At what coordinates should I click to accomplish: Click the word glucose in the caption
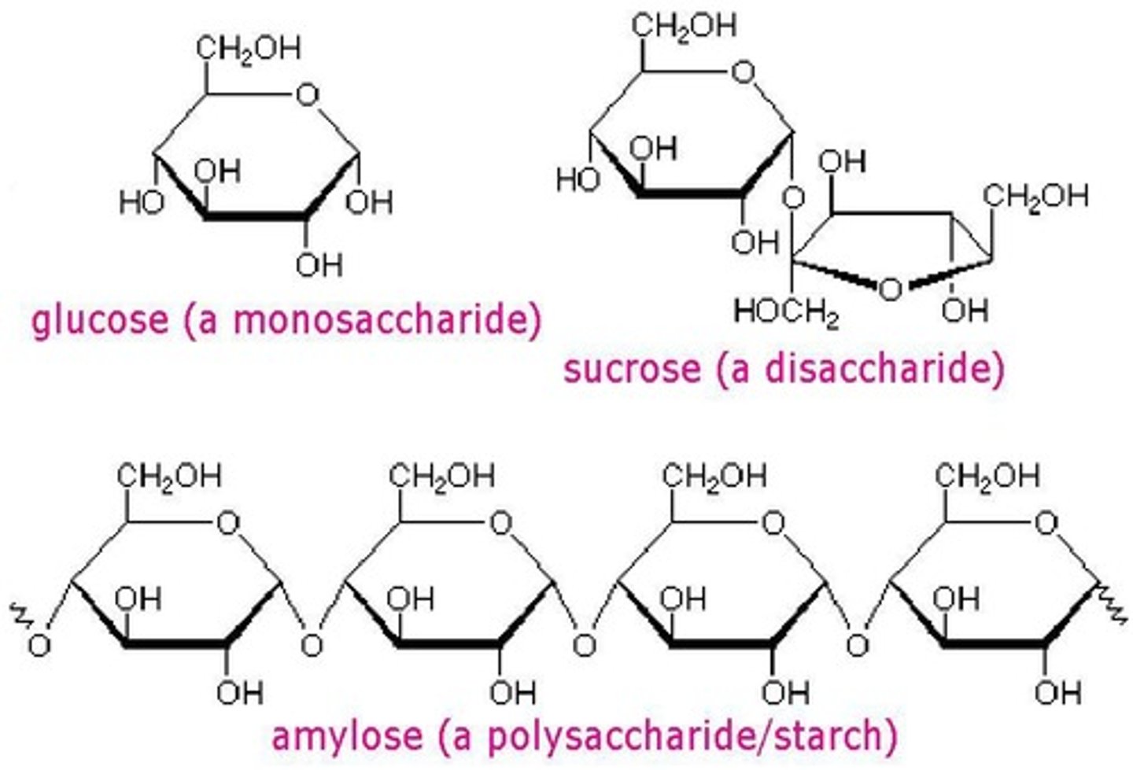tap(100, 320)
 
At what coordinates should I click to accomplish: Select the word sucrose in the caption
tap(631, 369)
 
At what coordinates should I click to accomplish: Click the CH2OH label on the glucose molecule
tap(248, 49)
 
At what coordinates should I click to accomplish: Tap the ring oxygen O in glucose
tap(308, 96)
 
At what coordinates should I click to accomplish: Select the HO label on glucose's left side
tap(142, 203)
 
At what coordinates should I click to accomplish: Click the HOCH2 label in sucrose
tap(785, 313)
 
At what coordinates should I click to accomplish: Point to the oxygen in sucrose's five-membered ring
tap(890, 289)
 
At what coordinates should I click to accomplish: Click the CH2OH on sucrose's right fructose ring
tap(1035, 196)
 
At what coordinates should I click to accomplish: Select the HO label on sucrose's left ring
tap(578, 180)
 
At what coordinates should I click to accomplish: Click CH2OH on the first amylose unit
tap(169, 476)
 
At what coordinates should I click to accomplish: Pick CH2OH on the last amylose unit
tap(987, 476)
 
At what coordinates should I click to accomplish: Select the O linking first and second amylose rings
tap(312, 646)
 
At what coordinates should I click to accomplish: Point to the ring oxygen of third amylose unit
tap(773, 523)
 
